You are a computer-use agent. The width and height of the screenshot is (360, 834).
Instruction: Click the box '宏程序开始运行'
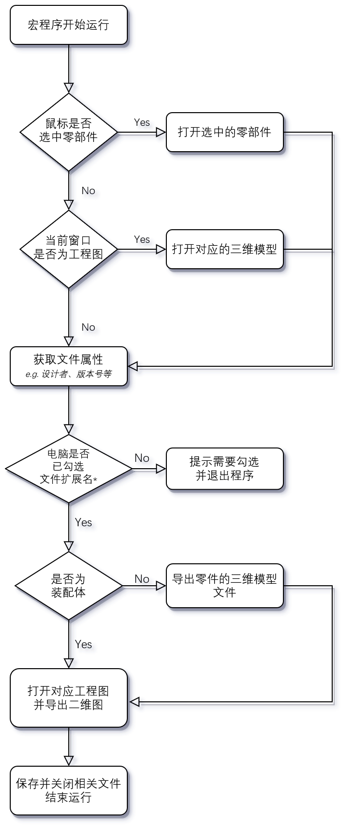click(x=69, y=25)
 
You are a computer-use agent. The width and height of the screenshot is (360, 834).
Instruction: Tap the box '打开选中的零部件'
click(x=224, y=132)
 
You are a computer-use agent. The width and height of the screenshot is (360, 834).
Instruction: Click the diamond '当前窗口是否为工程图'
click(x=69, y=249)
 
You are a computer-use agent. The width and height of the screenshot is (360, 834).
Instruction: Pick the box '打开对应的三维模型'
click(x=224, y=249)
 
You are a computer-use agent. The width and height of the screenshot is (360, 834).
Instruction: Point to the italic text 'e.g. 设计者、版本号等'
click(x=69, y=374)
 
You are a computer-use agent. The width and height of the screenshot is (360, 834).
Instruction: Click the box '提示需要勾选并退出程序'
click(x=224, y=469)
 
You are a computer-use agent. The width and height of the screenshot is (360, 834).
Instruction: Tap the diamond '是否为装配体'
click(x=69, y=586)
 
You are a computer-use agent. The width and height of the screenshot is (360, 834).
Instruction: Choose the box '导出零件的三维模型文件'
click(x=224, y=586)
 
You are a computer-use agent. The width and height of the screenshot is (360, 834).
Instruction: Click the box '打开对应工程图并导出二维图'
click(x=69, y=698)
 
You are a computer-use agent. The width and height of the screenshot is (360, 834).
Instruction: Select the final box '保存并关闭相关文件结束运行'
click(x=69, y=791)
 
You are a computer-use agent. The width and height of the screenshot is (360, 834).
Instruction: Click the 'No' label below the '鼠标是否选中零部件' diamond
click(x=89, y=192)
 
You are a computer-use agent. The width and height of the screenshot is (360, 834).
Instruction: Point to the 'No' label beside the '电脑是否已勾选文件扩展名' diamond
click(x=143, y=459)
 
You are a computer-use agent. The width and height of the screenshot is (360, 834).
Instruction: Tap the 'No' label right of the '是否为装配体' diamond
click(x=143, y=580)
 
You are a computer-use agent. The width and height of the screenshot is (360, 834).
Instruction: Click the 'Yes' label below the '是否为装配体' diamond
click(x=85, y=645)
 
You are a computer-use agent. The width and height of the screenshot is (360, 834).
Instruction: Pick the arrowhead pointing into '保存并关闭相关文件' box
click(x=70, y=761)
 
